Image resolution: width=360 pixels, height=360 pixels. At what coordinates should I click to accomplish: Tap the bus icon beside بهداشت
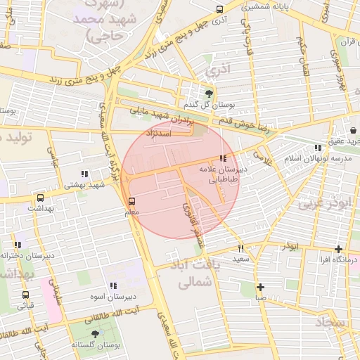[x=39, y=198]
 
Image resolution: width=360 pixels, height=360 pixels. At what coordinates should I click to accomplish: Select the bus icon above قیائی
[x=26, y=295]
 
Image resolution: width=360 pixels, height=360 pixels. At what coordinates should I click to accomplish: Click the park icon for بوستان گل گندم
[x=208, y=93]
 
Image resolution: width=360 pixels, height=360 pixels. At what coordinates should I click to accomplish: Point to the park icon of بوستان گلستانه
[x=96, y=333]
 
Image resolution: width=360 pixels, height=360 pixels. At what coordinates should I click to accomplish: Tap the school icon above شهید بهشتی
[x=84, y=174]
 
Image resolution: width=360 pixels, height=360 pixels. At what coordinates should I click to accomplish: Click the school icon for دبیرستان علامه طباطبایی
[x=223, y=158]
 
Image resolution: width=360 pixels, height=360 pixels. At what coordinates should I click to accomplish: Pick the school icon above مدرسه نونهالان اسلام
[x=318, y=148]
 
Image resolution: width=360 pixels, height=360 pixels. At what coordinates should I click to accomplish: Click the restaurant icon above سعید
[x=240, y=248]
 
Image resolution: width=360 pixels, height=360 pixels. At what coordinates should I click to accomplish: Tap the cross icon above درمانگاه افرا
[x=339, y=249]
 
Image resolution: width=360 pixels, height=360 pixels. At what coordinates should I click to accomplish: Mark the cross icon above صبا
[x=260, y=287]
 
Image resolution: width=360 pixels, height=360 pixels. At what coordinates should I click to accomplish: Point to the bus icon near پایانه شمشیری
[x=219, y=9]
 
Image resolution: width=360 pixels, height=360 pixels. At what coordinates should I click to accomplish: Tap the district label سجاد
[x=332, y=321]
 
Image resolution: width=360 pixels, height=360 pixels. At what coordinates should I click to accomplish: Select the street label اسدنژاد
[x=159, y=133]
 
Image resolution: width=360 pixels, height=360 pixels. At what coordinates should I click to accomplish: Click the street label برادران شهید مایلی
[x=160, y=116]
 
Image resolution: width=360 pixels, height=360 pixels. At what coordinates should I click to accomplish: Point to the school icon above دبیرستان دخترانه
[x=17, y=245]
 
